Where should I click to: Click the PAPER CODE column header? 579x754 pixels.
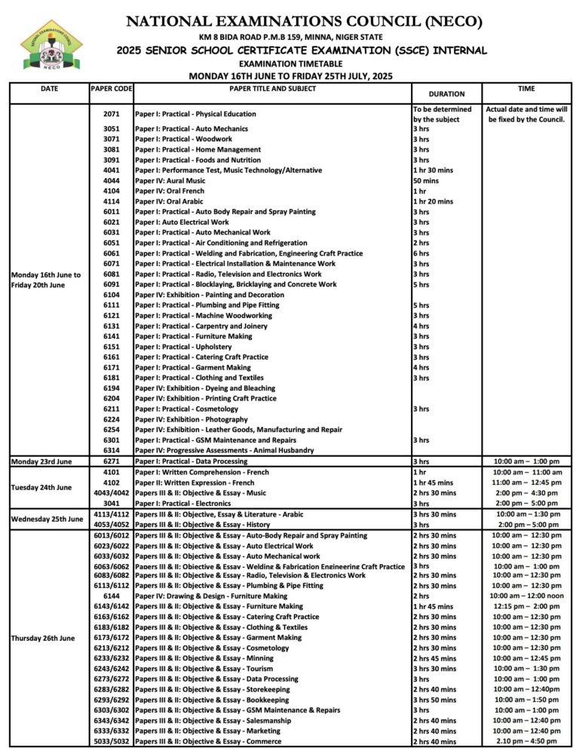[x=111, y=89]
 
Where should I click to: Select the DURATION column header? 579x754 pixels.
[x=446, y=94]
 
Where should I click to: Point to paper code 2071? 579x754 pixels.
[x=111, y=114]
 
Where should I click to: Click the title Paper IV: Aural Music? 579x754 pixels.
[x=170, y=181]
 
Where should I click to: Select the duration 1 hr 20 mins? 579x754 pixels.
[x=433, y=201]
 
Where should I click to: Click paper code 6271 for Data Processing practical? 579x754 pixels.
[x=111, y=461]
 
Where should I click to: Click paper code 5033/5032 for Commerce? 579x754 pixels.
[x=111, y=741]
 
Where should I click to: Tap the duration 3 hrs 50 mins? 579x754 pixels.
[x=434, y=700]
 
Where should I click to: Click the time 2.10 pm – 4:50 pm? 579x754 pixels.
[x=526, y=741]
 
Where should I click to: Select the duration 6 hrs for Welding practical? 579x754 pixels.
[x=421, y=253]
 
